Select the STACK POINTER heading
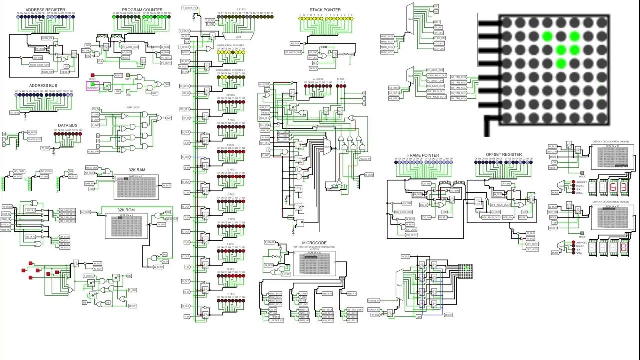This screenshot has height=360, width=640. click(x=325, y=9)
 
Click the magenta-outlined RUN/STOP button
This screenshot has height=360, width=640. click(x=93, y=87)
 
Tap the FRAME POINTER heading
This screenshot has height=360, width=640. click(x=423, y=155)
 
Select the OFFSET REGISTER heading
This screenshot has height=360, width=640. click(x=504, y=155)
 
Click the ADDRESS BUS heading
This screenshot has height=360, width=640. click(x=42, y=86)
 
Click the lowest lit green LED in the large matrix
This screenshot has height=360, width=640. click(x=560, y=63)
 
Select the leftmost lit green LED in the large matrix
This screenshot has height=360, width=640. click(x=547, y=36)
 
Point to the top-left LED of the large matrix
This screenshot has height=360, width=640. click(x=507, y=23)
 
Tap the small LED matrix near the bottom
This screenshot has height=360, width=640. click(x=466, y=270)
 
